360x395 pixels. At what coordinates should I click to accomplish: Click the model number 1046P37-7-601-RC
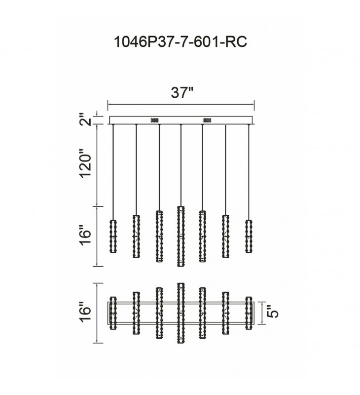tap(180, 41)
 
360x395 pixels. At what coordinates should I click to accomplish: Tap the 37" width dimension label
tap(182, 92)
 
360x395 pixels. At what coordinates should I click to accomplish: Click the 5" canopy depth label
tap(273, 312)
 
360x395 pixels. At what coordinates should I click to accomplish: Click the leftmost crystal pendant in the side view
tap(113, 236)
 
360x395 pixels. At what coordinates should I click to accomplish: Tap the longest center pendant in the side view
tap(181, 236)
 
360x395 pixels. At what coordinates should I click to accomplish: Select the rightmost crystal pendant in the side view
tap(249, 236)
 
